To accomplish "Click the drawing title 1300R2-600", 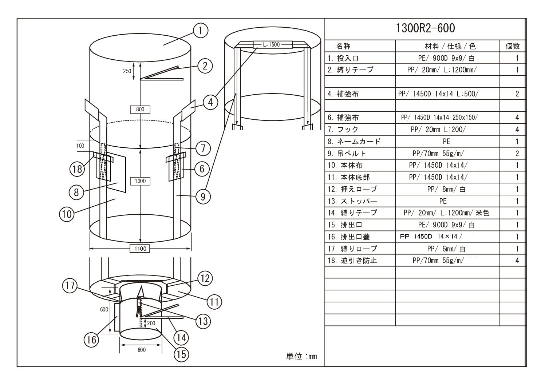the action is coord(425,28).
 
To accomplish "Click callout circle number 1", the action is coord(201,31).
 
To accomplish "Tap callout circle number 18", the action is coord(77,169).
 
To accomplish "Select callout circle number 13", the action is coord(203,321).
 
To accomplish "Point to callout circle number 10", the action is coord(67,214).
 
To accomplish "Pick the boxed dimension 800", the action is coord(140,110).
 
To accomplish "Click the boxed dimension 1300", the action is coord(140,181).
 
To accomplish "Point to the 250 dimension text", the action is coord(127,71).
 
